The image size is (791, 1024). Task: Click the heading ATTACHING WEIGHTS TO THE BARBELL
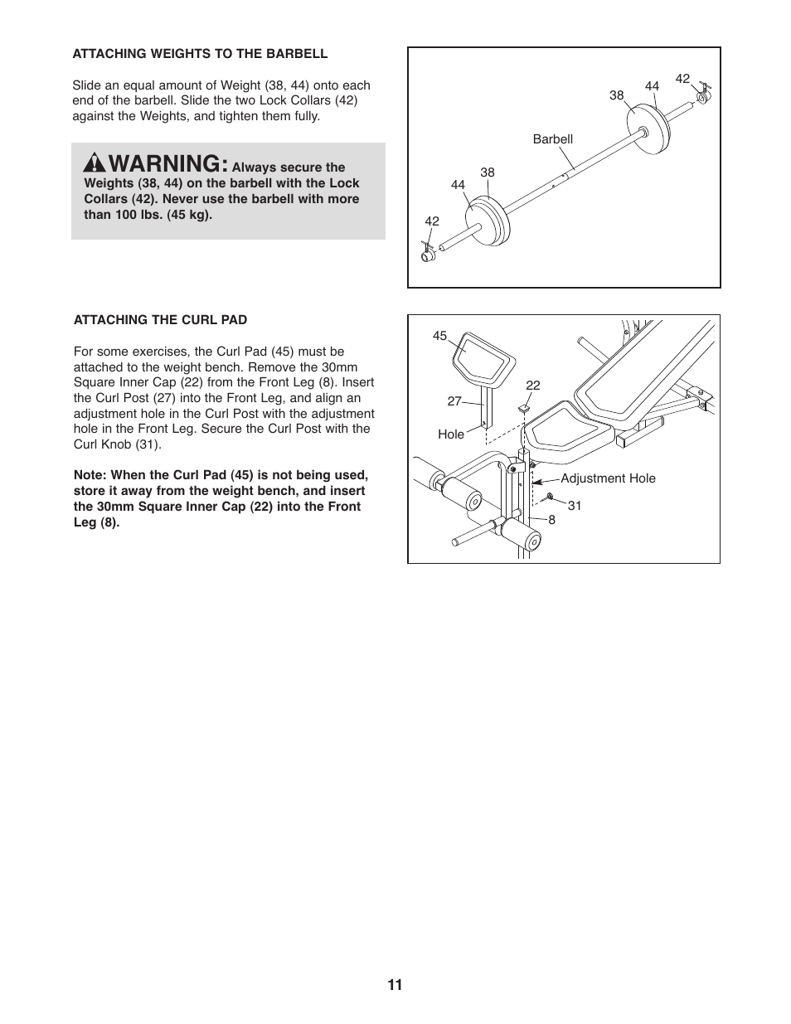point(200,54)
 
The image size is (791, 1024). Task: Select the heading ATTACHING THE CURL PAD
point(160,320)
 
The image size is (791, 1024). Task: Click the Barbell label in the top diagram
point(552,139)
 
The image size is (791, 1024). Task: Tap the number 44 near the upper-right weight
point(652,86)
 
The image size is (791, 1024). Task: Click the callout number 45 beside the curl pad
point(439,336)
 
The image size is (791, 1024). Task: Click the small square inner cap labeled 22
point(525,408)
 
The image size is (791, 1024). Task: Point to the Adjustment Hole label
point(608,478)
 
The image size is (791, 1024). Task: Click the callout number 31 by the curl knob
point(575,505)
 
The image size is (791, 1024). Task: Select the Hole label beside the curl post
point(451,434)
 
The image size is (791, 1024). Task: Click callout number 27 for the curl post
point(454,401)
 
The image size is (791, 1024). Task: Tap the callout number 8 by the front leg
point(551,520)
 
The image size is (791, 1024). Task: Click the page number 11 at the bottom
point(395,985)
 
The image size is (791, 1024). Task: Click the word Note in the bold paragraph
point(90,475)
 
